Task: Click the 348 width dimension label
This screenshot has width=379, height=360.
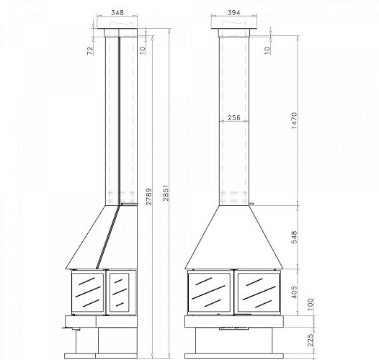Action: point(117,12)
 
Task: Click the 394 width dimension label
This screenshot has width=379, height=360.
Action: point(233,12)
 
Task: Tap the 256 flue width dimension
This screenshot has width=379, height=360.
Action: point(234,117)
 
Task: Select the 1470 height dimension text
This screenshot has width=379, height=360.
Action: point(294,120)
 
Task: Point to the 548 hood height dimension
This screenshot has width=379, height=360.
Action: point(294,237)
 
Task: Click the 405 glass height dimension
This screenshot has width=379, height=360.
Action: point(294,292)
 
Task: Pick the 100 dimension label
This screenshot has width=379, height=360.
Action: point(311,305)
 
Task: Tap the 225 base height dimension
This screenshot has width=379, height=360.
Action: point(311,340)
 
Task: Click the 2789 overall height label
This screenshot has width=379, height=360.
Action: point(149,197)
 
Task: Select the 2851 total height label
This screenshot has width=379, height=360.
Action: point(166,193)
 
